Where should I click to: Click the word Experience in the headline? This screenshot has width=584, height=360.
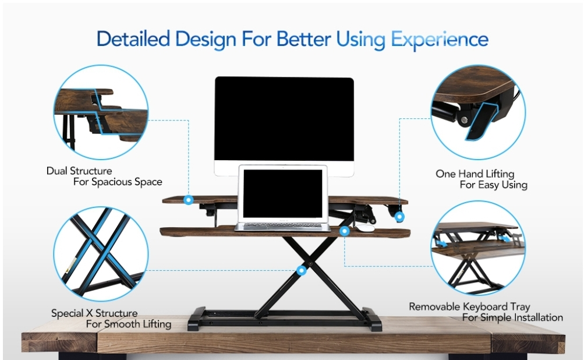(439, 40)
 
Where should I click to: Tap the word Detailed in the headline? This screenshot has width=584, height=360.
(133, 39)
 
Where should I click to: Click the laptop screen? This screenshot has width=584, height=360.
(283, 193)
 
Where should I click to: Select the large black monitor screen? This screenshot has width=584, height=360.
(284, 119)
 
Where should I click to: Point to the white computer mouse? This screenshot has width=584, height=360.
(364, 228)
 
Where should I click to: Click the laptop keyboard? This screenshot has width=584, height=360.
(282, 225)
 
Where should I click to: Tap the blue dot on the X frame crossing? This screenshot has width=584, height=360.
(302, 270)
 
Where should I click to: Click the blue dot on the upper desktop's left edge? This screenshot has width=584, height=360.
(189, 200)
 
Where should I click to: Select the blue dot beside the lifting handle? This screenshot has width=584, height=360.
(399, 217)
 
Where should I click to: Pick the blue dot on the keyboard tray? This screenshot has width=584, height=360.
(345, 231)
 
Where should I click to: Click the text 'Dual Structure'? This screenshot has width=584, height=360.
(79, 171)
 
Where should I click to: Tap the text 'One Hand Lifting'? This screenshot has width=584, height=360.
(475, 174)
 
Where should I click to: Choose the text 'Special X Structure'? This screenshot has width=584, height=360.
(94, 313)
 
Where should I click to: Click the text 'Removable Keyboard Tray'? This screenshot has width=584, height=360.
(469, 307)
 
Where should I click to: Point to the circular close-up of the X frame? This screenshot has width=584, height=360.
(101, 254)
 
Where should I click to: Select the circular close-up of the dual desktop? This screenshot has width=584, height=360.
(101, 112)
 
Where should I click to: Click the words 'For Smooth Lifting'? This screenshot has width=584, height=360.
(129, 324)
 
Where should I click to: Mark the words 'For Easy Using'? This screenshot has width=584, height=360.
(494, 185)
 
